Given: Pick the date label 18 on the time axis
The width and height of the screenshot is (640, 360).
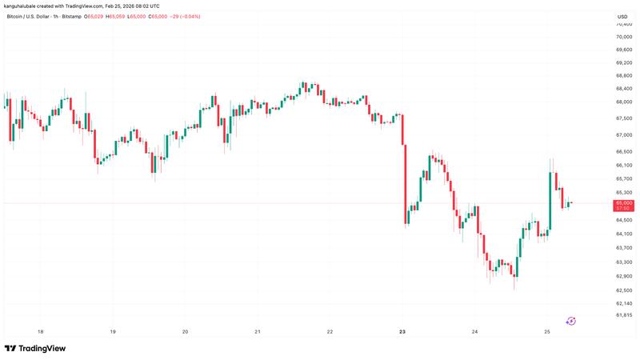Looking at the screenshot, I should pos(41,331).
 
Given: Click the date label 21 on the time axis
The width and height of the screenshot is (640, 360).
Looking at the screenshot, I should pos(258,331).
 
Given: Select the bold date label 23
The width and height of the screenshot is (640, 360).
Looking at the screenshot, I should pos(402,331).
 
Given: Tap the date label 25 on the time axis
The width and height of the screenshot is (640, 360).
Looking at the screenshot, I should pos(547,331).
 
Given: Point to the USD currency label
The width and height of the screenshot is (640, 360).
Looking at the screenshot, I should pos(622,17).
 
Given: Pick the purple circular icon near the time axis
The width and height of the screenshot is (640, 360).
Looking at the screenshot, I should pos(571,321).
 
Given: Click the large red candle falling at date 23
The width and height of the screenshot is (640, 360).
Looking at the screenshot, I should pos(406,184).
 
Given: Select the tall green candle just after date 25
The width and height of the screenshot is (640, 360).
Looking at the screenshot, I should pos(551,201).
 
